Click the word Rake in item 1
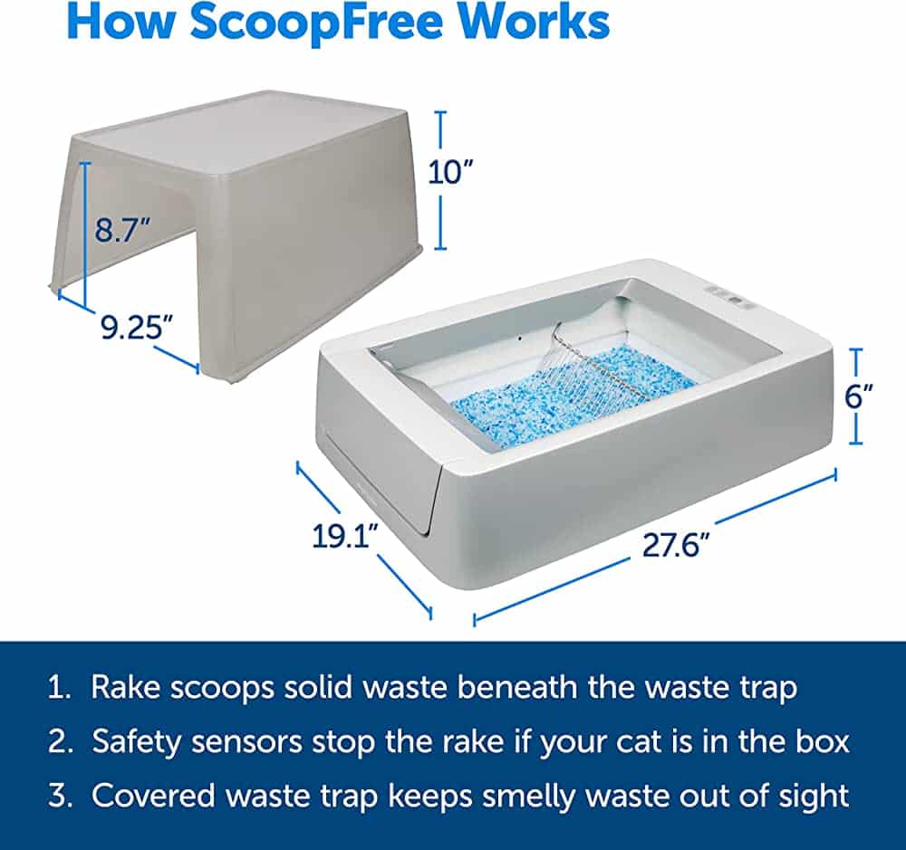[125, 687]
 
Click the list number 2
[60, 743]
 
